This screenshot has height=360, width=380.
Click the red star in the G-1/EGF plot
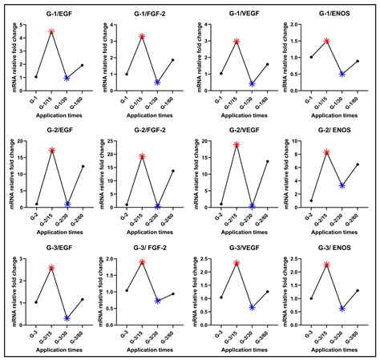(x=51, y=32)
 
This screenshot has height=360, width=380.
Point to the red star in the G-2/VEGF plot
(x=236, y=145)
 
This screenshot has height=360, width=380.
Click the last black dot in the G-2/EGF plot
(x=83, y=166)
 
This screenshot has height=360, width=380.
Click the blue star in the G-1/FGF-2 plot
(x=158, y=82)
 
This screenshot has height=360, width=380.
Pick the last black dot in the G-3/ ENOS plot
(x=357, y=291)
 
